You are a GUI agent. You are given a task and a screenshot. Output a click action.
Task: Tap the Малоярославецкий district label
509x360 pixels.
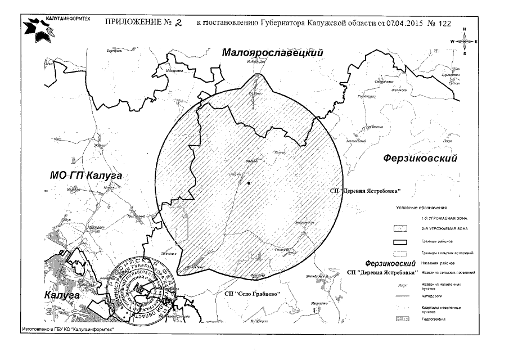pos(274,52)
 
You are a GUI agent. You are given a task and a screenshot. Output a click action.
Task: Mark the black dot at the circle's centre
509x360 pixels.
pos(248,183)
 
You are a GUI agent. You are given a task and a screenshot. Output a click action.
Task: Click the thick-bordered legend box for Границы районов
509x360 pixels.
pos(401,241)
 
